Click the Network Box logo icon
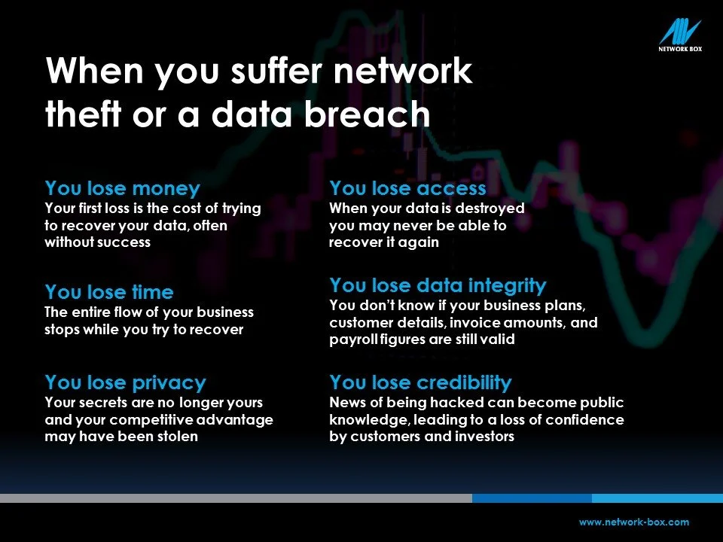679,32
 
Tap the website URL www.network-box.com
633,522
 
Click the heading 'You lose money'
123,187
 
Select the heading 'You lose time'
109,291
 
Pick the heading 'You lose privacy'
125,382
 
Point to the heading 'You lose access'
407,187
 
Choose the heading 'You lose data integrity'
438,285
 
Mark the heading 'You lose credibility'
420,382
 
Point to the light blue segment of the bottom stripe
657,498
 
